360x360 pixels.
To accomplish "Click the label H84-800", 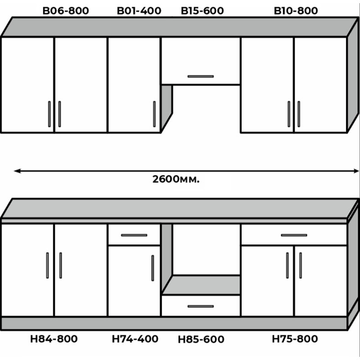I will [x=54, y=339].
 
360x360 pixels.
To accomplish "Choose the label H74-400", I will [x=135, y=339].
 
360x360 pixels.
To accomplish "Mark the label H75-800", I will [x=295, y=339].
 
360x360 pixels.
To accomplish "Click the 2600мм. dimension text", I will [x=176, y=179].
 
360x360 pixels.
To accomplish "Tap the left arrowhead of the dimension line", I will [x=17, y=171].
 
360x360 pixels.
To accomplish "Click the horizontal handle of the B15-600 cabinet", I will [x=201, y=76].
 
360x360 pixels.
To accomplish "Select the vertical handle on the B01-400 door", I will [x=154, y=114].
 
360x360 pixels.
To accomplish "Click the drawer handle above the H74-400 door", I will [x=134, y=235].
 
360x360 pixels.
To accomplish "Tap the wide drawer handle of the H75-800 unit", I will [x=294, y=235].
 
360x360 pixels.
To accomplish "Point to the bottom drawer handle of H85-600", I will [x=201, y=306].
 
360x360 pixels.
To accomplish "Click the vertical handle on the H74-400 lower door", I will [x=153, y=268].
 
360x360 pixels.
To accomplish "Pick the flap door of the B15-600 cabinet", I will [x=201, y=61].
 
